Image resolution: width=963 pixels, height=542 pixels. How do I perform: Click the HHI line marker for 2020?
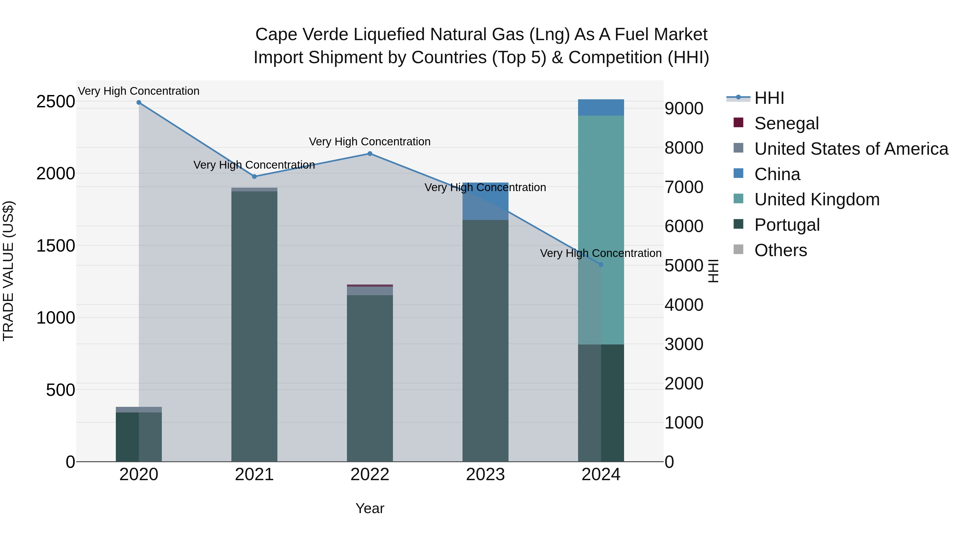click(x=139, y=103)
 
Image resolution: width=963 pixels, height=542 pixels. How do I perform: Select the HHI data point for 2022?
click(x=370, y=154)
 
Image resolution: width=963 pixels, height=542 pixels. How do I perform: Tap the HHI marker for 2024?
click(x=601, y=265)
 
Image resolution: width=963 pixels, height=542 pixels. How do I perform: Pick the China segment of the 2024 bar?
click(x=601, y=108)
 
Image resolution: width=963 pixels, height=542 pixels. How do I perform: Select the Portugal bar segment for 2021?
click(x=254, y=325)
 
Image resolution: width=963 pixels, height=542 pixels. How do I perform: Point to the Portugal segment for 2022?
click(x=370, y=378)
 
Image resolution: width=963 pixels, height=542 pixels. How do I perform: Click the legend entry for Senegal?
click(x=786, y=123)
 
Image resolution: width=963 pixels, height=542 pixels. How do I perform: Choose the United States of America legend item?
click(x=851, y=149)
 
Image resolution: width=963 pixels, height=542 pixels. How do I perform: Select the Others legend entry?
click(x=780, y=250)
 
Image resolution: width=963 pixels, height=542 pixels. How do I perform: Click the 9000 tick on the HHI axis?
click(x=684, y=109)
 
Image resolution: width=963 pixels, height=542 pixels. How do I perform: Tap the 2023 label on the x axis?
click(x=485, y=475)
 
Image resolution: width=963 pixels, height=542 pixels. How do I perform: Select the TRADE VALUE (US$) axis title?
click(x=9, y=271)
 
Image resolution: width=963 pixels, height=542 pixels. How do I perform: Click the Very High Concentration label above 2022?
click(x=370, y=142)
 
